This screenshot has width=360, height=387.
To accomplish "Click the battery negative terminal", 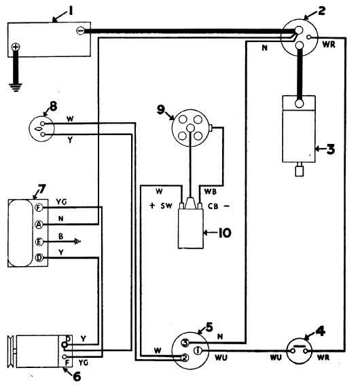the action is (x=80, y=31).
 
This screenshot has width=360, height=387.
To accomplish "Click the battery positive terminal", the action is (x=16, y=47).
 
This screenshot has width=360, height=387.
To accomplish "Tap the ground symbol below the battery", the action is (x=16, y=88).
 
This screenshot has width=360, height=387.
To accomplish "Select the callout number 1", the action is (x=71, y=11).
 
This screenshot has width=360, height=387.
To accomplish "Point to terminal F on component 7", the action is (x=39, y=208).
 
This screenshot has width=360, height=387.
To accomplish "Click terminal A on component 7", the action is (x=39, y=225).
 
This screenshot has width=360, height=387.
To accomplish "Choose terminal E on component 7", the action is (x=39, y=242).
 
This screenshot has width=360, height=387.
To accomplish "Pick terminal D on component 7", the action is (x=39, y=258).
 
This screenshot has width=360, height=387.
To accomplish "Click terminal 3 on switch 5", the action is (x=185, y=343).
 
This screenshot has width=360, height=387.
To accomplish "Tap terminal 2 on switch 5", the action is (x=185, y=358).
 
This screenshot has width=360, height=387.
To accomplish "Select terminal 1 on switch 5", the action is (x=198, y=350).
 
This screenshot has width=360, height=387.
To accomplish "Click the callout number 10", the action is (x=224, y=233).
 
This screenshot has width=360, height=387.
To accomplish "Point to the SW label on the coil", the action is (x=166, y=206).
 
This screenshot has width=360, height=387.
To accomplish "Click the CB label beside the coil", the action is (x=213, y=206).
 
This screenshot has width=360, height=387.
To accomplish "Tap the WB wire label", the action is (x=211, y=191).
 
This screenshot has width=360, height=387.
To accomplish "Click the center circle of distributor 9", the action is (x=190, y=128).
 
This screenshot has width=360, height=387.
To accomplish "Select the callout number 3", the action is (x=331, y=149).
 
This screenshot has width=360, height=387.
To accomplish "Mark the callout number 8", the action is (x=53, y=107).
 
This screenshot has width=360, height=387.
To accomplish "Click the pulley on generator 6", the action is (x=12, y=352).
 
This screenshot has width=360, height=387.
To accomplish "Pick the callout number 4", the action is (x=320, y=331).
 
